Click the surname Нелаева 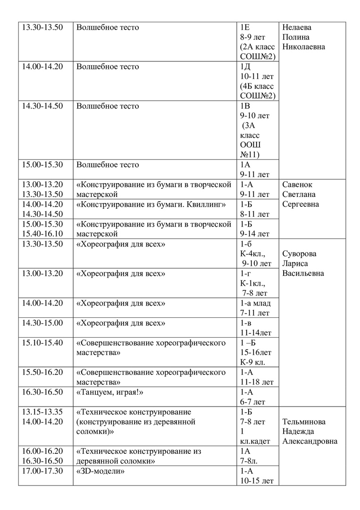click(x=297, y=27)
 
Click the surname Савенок click(x=297, y=185)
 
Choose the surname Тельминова click(x=304, y=422)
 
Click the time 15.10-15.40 click(x=42, y=342)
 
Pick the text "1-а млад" click(x=259, y=303)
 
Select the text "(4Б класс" click(x=257, y=86)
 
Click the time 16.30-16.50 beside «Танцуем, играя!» click(x=42, y=392)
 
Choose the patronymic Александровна click(x=310, y=442)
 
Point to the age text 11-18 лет click(x=257, y=382)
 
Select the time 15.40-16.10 click(x=42, y=234)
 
